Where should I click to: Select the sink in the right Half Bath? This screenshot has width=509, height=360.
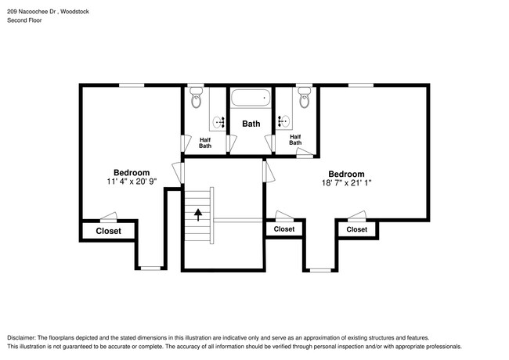283,121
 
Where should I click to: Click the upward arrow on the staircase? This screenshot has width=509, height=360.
199,213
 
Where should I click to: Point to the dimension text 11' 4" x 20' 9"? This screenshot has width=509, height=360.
132,182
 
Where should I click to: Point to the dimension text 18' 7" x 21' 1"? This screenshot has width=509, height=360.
346,184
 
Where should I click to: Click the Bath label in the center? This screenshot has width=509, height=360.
251,124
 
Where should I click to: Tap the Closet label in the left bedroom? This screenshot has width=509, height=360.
108,231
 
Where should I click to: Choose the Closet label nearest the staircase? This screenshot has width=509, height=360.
284,229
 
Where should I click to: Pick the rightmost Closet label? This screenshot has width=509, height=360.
356,229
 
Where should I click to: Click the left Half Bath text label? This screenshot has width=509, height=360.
205,142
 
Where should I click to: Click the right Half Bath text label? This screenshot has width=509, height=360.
295,139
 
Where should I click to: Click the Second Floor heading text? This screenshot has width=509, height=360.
25,20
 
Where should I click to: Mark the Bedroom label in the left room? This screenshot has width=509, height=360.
132,172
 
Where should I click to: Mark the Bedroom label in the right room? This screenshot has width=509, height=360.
346,174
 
